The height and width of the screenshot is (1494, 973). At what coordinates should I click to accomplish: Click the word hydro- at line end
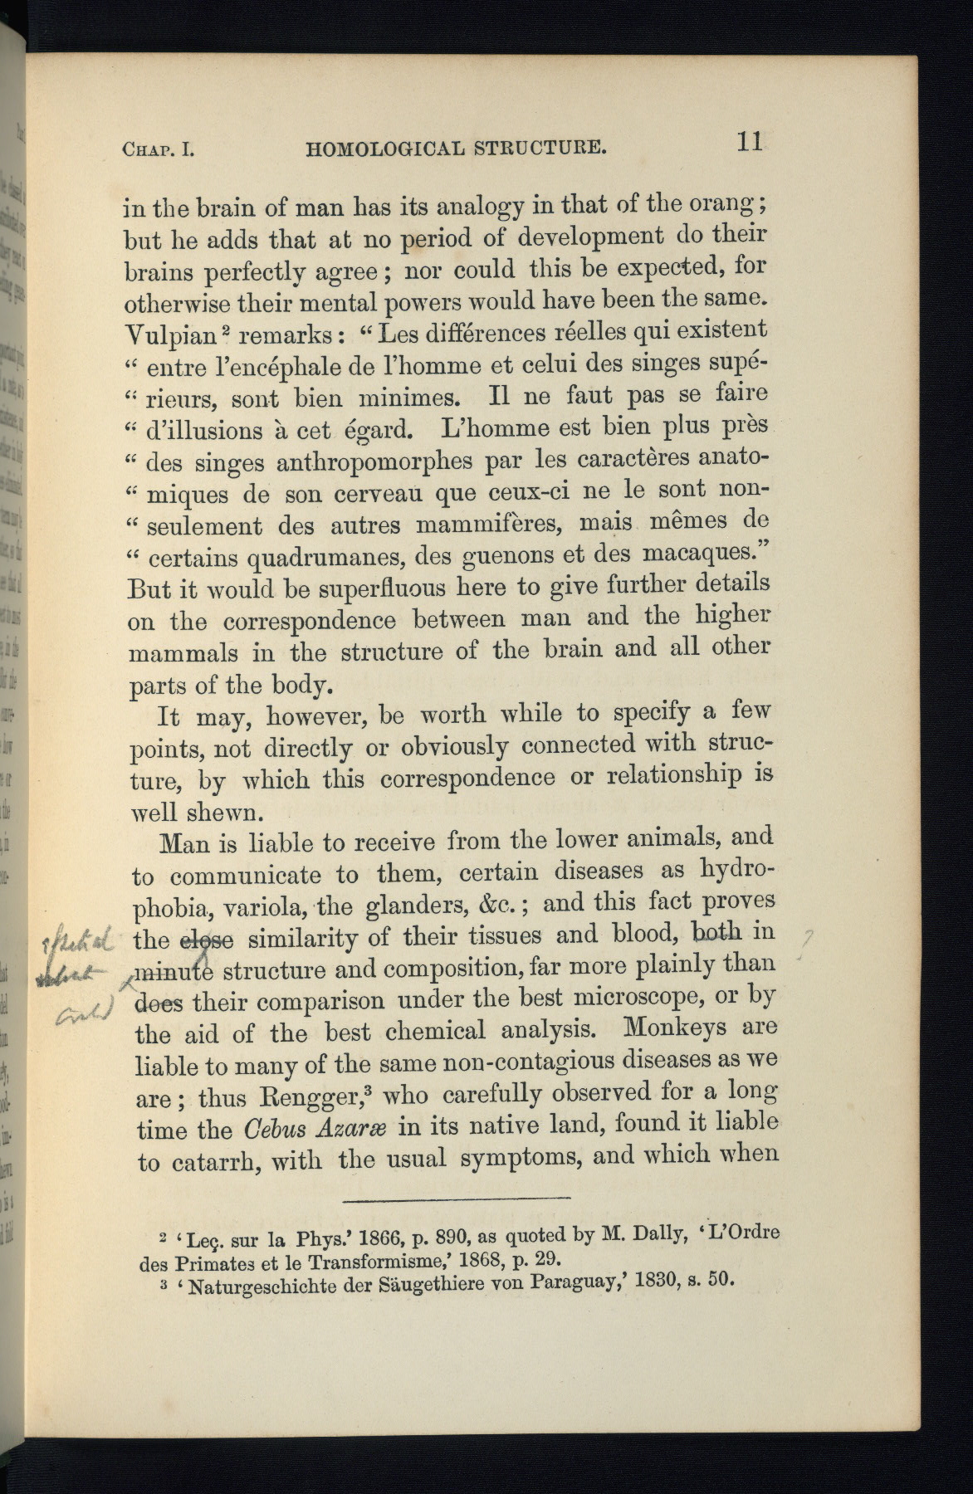[737, 869]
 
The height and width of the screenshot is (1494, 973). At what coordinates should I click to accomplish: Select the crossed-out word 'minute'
[175, 971]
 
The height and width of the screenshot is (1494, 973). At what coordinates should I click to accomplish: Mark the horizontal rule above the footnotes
[456, 1199]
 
